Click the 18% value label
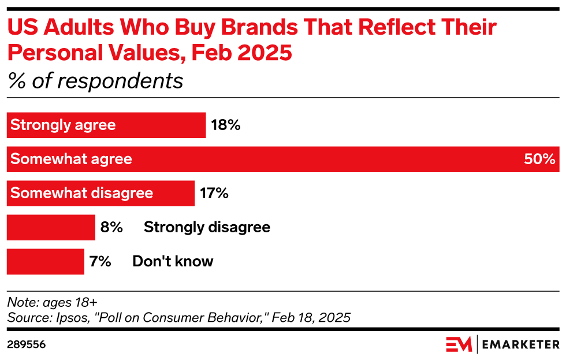tap(225, 125)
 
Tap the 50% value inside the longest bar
tap(539, 159)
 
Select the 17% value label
tap(214, 193)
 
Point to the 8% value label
tap(111, 227)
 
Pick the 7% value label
tap(100, 261)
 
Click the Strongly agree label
tap(63, 125)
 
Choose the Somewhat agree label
tap(71, 159)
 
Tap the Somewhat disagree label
tap(81, 193)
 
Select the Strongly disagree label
tap(207, 227)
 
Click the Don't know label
tap(173, 261)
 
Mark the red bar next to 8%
tap(51, 227)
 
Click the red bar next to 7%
tap(45, 261)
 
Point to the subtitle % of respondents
tap(95, 81)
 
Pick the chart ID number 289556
tap(27, 344)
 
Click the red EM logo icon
tap(459, 344)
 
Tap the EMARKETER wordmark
tap(521, 344)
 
